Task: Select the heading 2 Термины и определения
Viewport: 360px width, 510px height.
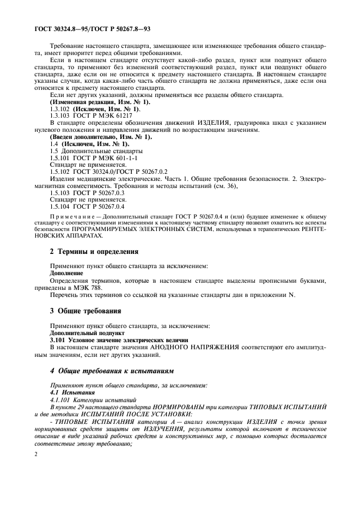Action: (x=94, y=252)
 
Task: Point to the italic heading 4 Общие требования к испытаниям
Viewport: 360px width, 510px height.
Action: (x=112, y=371)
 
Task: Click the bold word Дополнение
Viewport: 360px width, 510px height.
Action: (x=66, y=272)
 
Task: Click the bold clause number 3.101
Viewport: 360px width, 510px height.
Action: (x=58, y=339)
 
